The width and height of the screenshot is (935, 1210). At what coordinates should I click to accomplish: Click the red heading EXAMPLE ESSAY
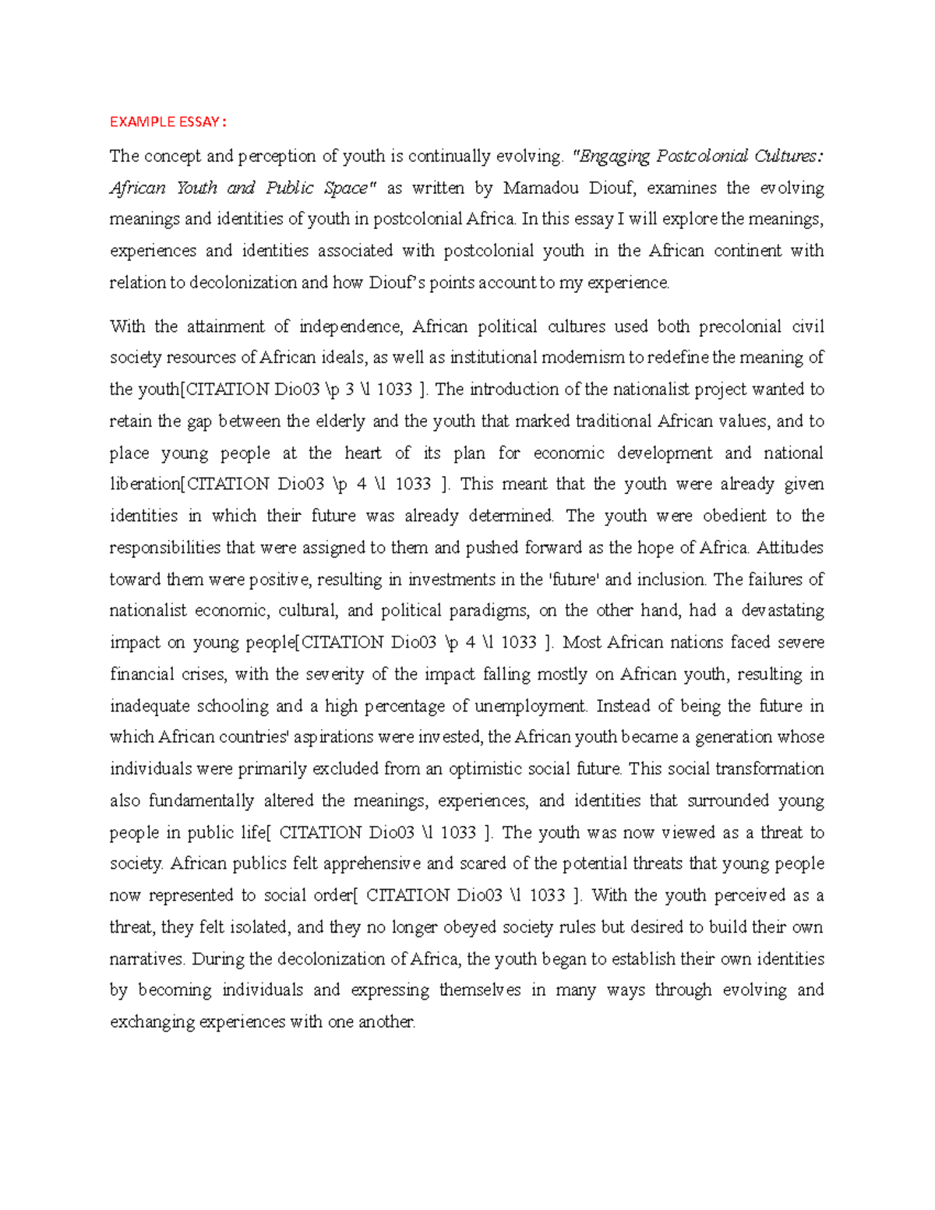click(168, 122)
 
